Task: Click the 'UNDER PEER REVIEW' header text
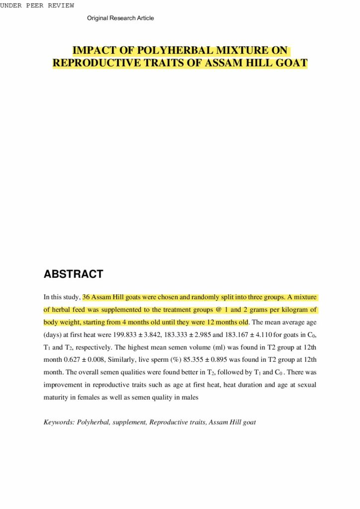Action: [x=37, y=5]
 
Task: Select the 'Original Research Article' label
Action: [x=120, y=18]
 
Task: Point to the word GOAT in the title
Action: [x=291, y=63]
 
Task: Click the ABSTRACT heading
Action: [x=73, y=274]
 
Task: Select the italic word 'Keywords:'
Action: [x=59, y=423]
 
